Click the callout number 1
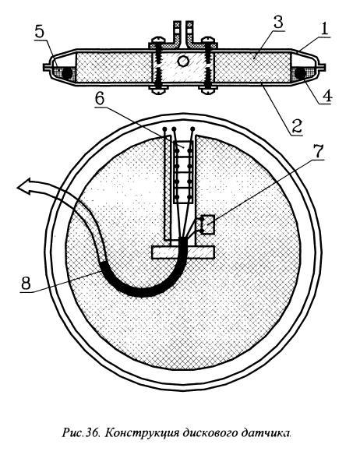pos(324,30)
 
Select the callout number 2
pos(297,126)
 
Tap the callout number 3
pos(278,23)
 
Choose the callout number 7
pos(318,152)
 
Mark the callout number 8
pos(26,284)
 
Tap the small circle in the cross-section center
pos(183,62)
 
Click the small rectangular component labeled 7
pos(207,224)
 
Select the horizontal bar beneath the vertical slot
pos(183,252)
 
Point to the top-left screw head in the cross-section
pos(157,40)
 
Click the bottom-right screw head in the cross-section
pos(207,90)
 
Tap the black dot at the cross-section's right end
pos(301,73)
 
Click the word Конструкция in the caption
pos(143,432)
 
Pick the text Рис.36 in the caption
pos(81,432)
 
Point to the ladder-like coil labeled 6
pos(183,172)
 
